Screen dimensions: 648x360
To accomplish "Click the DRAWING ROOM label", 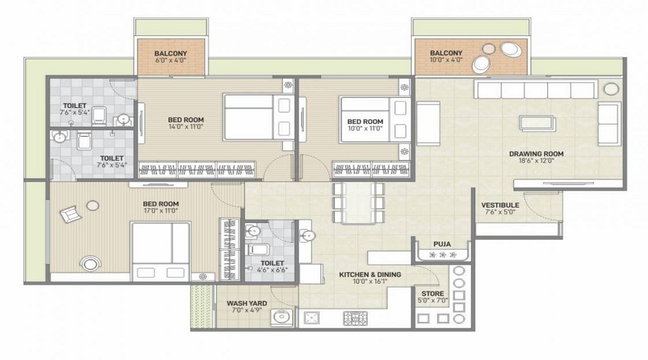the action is pyautogui.click(x=536, y=154).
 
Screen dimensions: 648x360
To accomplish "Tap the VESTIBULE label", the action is pyautogui.click(x=500, y=205).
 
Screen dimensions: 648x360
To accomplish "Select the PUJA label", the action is pyautogui.click(x=442, y=244).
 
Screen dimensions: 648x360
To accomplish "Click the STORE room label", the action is pyautogui.click(x=433, y=294).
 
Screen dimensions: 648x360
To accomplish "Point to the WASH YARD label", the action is pyautogui.click(x=247, y=303).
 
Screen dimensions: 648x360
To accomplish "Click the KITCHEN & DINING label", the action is pyautogui.click(x=370, y=274).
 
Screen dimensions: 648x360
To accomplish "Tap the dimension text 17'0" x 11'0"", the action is pyautogui.click(x=161, y=210).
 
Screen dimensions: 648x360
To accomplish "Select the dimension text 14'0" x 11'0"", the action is pyautogui.click(x=186, y=127).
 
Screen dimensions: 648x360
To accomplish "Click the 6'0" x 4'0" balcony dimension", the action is pyautogui.click(x=171, y=60).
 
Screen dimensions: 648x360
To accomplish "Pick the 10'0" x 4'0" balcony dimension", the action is pyautogui.click(x=446, y=60).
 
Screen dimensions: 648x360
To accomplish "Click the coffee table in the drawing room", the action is pyautogui.click(x=538, y=123).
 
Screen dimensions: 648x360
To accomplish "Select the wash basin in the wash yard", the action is pyautogui.click(x=282, y=318).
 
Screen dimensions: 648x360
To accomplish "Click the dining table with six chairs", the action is pyautogui.click(x=359, y=203).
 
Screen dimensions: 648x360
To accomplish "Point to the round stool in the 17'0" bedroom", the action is pyautogui.click(x=93, y=205).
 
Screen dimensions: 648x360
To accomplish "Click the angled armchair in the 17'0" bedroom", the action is pyautogui.click(x=71, y=214).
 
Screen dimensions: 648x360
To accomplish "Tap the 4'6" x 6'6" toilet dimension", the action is pyautogui.click(x=272, y=270).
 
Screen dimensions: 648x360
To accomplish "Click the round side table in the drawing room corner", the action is pyautogui.click(x=611, y=89).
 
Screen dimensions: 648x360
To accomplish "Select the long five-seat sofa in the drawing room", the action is pyautogui.click(x=536, y=89).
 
